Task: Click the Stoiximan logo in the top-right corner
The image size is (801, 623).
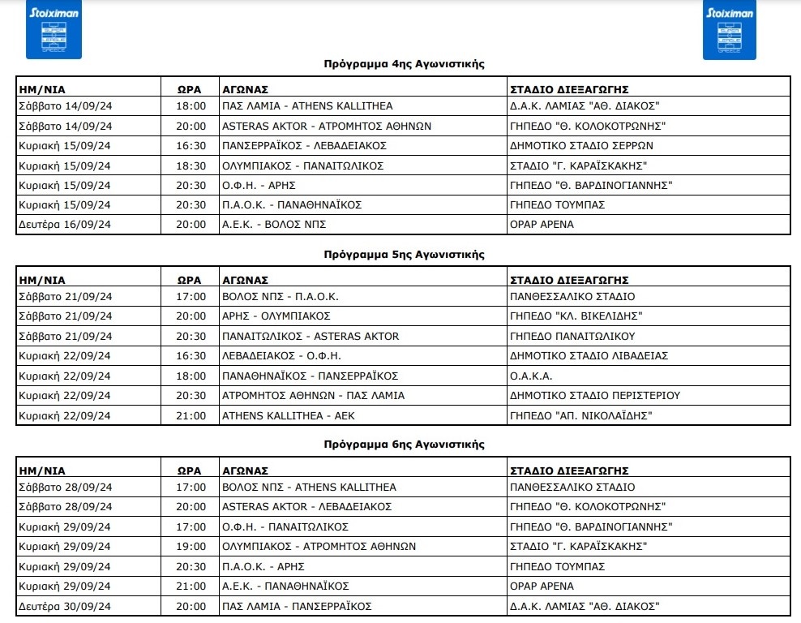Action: pyautogui.click(x=729, y=31)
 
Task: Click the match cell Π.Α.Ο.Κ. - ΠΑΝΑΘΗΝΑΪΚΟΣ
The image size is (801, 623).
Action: pyautogui.click(x=292, y=204)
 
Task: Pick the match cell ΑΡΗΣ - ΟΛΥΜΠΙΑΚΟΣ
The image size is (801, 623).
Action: pyautogui.click(x=276, y=316)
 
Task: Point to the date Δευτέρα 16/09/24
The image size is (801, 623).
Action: pyautogui.click(x=65, y=224)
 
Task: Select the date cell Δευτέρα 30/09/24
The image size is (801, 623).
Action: pyautogui.click(x=65, y=605)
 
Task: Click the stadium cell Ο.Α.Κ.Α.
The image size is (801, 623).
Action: pyautogui.click(x=531, y=376)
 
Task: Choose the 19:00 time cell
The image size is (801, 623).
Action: pyautogui.click(x=191, y=546)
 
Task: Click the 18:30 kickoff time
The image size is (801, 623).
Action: pyautogui.click(x=191, y=165)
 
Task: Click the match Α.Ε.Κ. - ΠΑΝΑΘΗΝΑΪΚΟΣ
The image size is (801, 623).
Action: pyautogui.click(x=285, y=586)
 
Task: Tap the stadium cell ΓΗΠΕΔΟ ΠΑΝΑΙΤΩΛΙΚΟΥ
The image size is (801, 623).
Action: pyautogui.click(x=572, y=336)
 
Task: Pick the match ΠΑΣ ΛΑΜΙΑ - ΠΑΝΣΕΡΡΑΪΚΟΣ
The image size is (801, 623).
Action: pyautogui.click(x=297, y=605)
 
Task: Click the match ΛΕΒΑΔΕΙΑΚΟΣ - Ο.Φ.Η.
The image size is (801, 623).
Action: pyautogui.click(x=281, y=355)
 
